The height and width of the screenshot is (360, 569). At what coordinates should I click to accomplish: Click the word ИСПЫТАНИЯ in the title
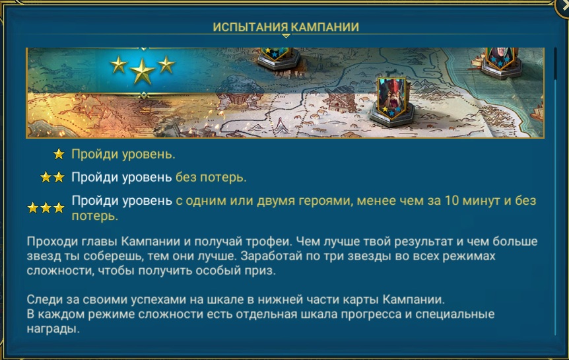[x=250, y=27]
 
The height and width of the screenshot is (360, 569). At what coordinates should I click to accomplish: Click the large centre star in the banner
[x=143, y=71]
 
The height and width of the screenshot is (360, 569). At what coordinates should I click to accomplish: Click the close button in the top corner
[x=563, y=7]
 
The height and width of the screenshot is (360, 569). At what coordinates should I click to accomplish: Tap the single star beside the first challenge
[x=59, y=155]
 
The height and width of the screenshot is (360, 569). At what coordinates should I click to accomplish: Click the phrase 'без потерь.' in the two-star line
[x=211, y=177]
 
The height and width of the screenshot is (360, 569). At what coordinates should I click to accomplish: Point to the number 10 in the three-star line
[x=453, y=201]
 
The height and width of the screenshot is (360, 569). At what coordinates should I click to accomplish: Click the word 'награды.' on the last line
[x=53, y=329]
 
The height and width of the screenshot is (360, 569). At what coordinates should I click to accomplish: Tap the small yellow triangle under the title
[x=286, y=36]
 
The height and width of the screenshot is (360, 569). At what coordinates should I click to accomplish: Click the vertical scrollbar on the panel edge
[x=555, y=192]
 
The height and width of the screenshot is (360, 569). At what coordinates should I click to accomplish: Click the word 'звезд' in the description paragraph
[x=44, y=256]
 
